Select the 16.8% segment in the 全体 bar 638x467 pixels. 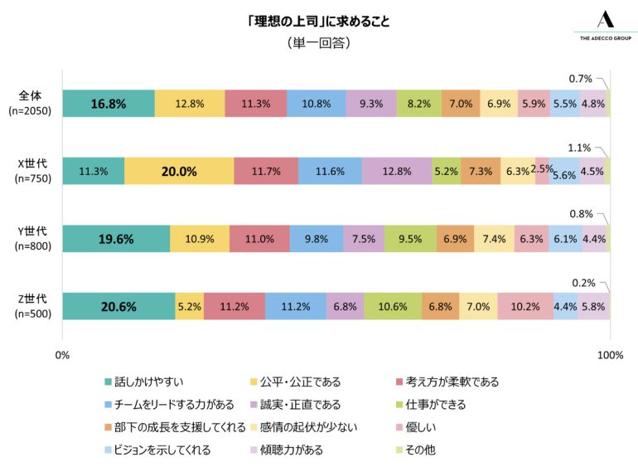coord(109,104)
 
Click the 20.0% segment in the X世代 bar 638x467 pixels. coord(179,171)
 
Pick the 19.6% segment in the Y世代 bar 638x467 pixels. coord(116,238)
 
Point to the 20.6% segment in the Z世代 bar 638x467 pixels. coord(118,305)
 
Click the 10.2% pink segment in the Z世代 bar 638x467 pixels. coord(525,305)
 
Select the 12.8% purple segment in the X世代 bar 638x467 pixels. coord(397,171)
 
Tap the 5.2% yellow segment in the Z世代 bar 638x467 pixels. coord(189,305)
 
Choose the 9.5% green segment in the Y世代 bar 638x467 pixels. coord(409,238)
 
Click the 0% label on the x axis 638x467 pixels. coord(62,355)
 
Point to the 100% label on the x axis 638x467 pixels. coord(610,355)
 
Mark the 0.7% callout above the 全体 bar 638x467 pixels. coord(580,79)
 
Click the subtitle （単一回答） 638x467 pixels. coord(318,42)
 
